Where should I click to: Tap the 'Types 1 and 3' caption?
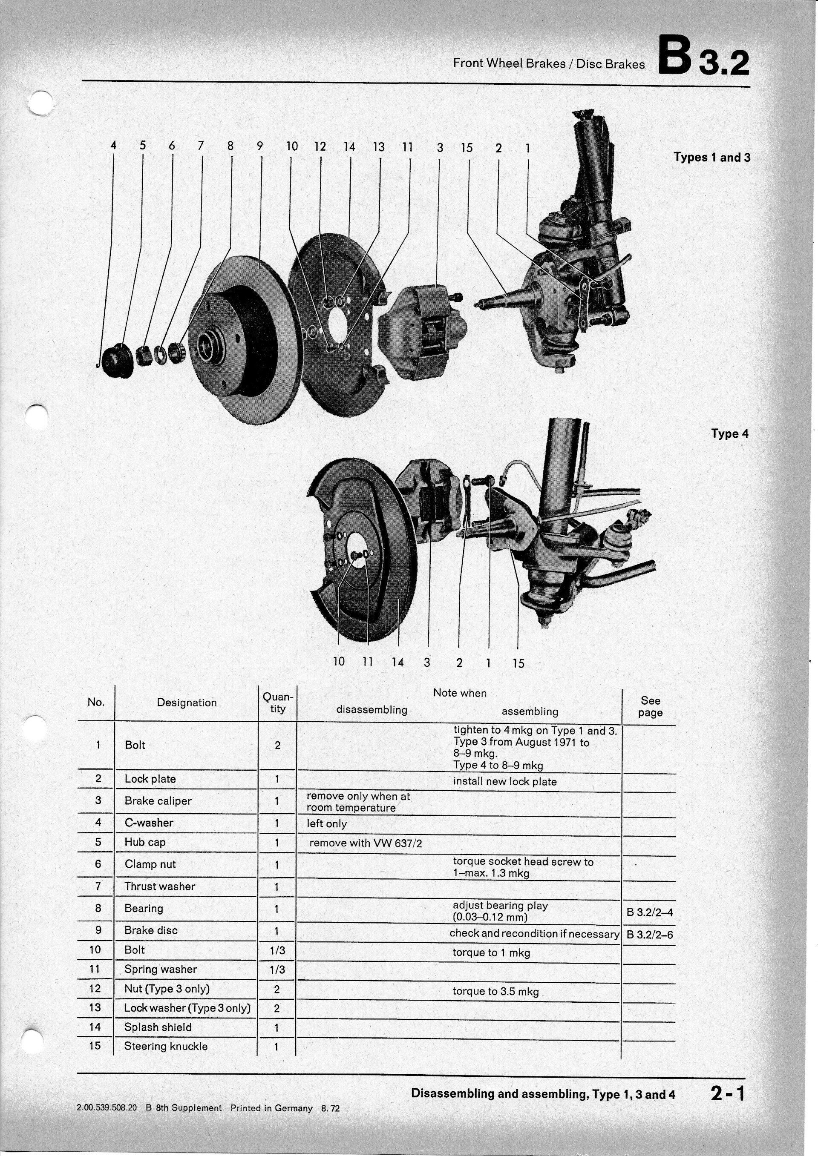point(712,157)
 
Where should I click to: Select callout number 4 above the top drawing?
point(113,146)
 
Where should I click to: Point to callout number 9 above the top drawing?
point(260,146)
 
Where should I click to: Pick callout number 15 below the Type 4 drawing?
point(518,664)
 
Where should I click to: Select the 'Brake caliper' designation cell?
point(158,800)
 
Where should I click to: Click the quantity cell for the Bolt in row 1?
point(277,745)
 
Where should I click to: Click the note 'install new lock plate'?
point(505,781)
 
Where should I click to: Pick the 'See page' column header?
point(650,706)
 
